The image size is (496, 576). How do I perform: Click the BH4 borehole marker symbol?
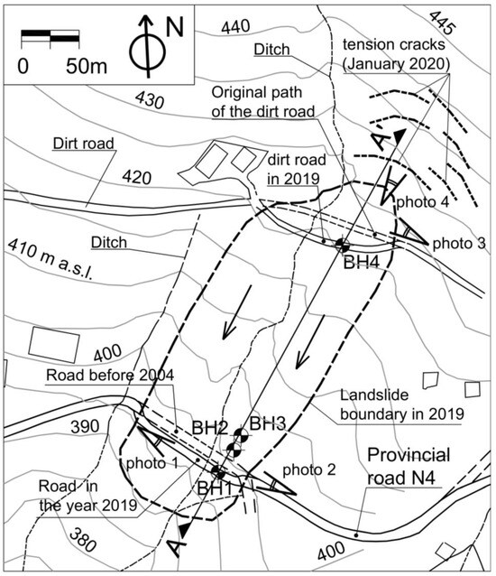pos(342,244)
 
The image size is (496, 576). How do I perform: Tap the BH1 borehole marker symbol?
pos(218,471)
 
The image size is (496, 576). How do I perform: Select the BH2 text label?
pos(209,428)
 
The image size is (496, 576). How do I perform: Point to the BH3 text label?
pos(268,423)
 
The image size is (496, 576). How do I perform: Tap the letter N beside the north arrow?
pos(175,28)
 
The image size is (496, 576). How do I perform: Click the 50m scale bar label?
pos(87,67)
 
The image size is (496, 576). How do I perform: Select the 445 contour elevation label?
pos(442,23)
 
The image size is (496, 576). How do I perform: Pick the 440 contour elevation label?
pos(235,27)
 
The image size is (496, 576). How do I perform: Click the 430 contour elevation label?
pos(149,99)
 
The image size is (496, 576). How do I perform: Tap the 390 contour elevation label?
pos(85,426)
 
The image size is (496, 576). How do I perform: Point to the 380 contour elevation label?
pos(82,540)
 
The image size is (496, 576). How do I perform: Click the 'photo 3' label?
pos(459,243)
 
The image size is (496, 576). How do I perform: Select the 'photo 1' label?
pos(152,463)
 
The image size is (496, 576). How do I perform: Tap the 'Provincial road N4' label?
pos(409,466)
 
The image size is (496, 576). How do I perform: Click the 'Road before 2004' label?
pos(110,375)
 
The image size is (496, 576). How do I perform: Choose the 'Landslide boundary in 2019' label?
pos(401,404)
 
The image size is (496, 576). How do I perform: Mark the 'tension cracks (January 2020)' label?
pos(396,54)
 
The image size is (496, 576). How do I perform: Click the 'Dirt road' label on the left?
pos(84,143)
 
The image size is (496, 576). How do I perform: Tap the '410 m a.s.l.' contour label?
pos(51,260)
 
